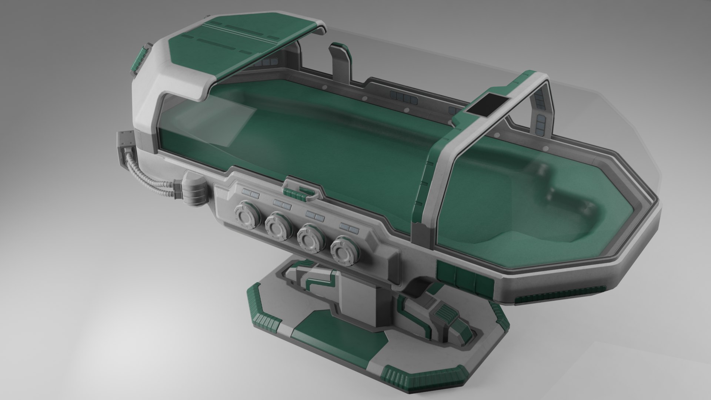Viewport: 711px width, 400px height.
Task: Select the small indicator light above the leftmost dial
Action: coord(251,193)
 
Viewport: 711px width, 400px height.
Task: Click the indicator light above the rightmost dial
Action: coord(347,226)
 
